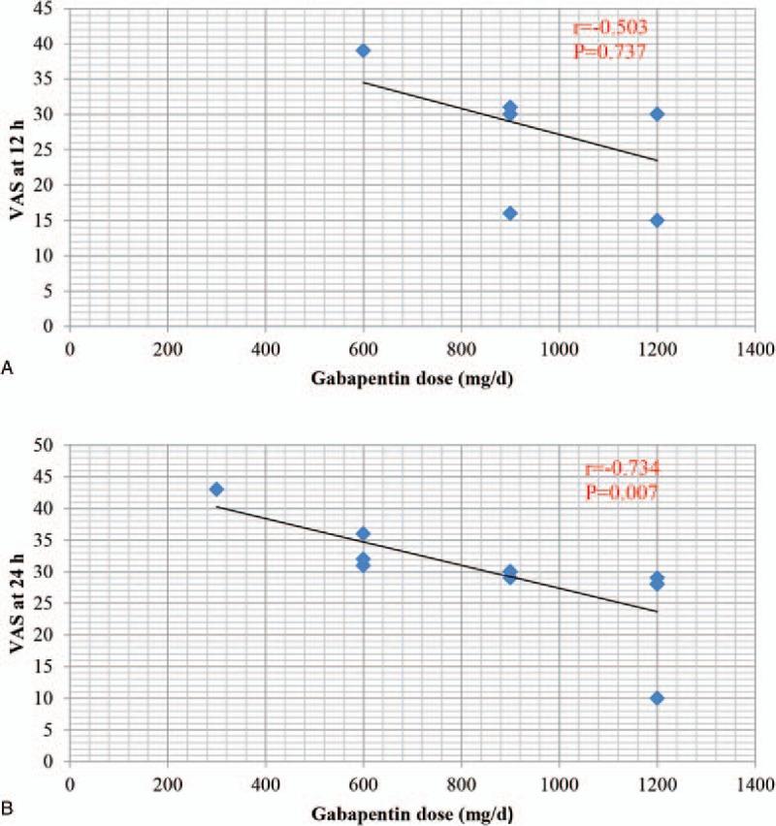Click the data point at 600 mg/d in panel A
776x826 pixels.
click(x=363, y=50)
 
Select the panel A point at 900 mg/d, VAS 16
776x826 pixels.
click(x=510, y=213)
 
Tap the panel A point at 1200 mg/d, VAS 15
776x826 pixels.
click(x=657, y=220)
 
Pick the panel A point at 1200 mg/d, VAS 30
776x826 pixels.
click(x=657, y=114)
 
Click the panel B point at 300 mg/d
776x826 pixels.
click(x=216, y=490)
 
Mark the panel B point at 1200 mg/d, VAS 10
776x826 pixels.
click(x=657, y=698)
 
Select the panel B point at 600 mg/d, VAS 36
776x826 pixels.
click(x=363, y=533)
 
